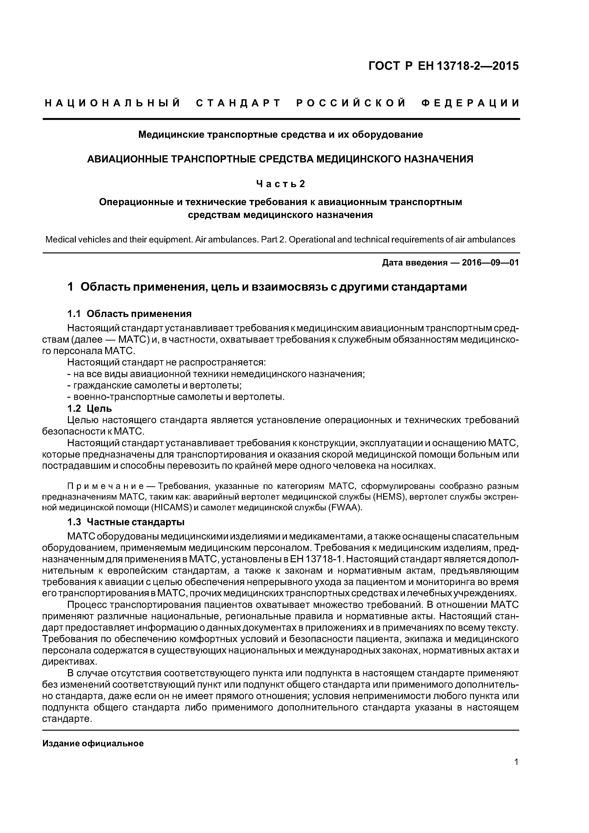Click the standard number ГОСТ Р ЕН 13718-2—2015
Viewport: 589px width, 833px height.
click(443, 66)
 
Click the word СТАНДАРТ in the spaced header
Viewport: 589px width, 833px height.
click(238, 103)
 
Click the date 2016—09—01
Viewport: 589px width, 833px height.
click(490, 263)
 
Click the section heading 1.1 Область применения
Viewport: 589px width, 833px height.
click(129, 313)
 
